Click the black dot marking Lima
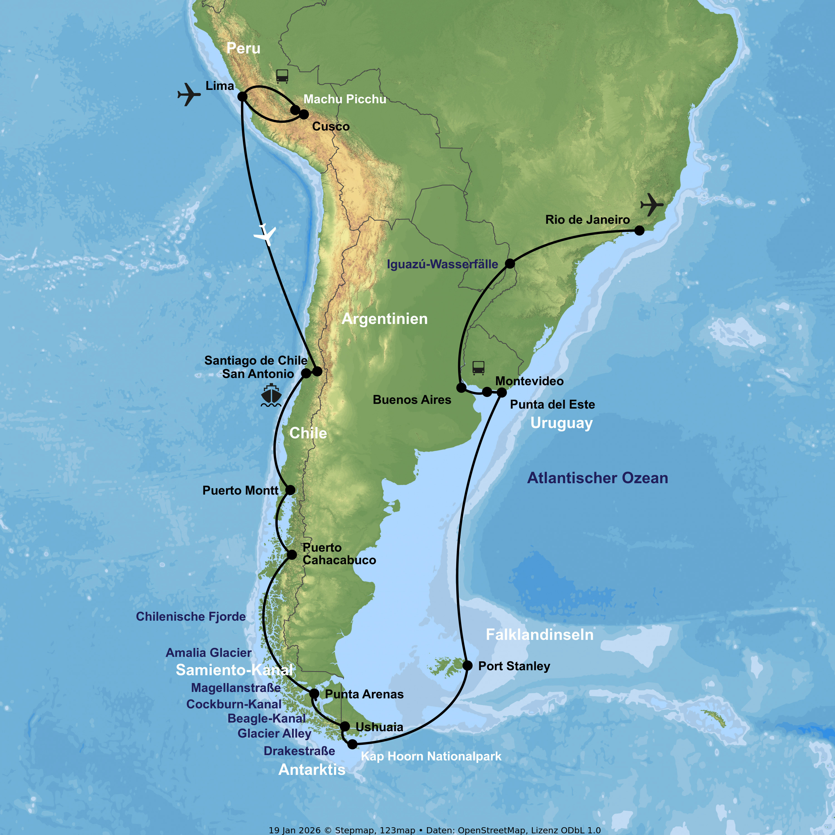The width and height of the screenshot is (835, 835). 242,96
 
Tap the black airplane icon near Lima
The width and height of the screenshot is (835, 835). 189,94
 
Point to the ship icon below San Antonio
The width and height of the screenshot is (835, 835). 271,395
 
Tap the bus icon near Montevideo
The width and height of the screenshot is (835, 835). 478,368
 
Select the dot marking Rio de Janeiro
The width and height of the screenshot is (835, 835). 639,231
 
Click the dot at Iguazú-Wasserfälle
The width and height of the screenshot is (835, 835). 510,264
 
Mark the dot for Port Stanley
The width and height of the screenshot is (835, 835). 467,665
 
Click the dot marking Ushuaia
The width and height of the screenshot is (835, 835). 345,726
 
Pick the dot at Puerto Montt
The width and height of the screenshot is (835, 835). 290,490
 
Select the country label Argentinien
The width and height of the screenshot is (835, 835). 385,319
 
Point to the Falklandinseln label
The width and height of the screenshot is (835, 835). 539,635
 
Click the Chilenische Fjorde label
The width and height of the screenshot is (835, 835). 191,616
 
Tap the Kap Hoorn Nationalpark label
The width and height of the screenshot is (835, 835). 431,756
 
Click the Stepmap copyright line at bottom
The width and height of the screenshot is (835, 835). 434,830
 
